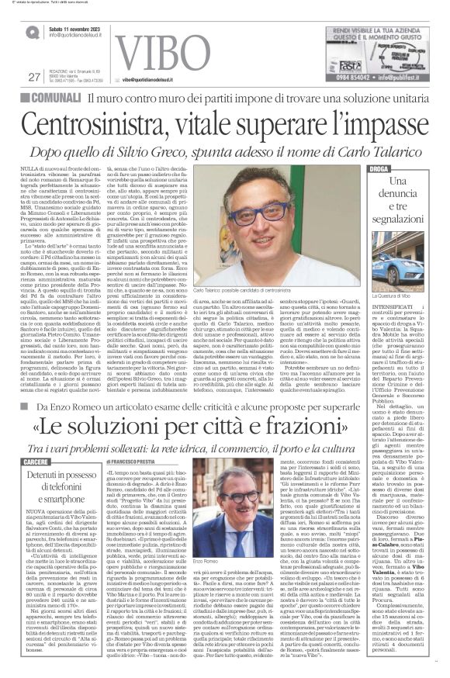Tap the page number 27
(x=33, y=76)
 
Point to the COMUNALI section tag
(x=50, y=98)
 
